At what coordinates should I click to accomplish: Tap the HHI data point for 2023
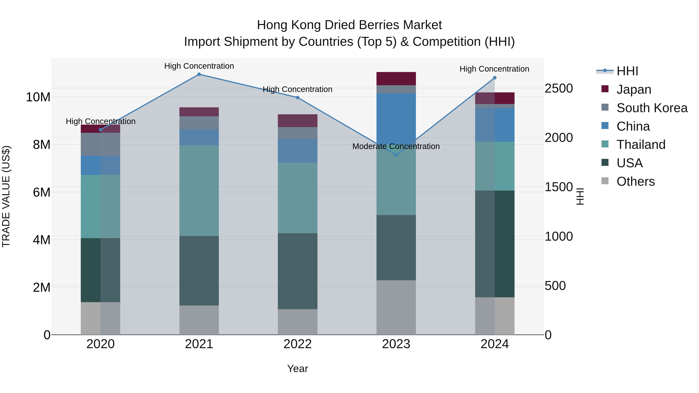click(x=396, y=155)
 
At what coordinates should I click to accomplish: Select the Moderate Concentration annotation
click(x=396, y=147)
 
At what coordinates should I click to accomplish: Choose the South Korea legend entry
click(x=652, y=108)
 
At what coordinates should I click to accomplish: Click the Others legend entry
click(x=636, y=181)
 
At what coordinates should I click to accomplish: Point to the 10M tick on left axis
click(x=38, y=97)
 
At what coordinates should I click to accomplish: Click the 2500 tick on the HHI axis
click(x=558, y=88)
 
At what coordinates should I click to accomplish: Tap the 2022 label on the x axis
click(x=297, y=344)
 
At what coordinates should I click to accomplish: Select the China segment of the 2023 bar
click(x=396, y=117)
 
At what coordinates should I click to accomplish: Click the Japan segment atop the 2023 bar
click(x=396, y=78)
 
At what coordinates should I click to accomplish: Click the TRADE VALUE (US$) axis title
click(x=6, y=196)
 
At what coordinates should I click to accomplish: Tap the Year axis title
click(x=297, y=369)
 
